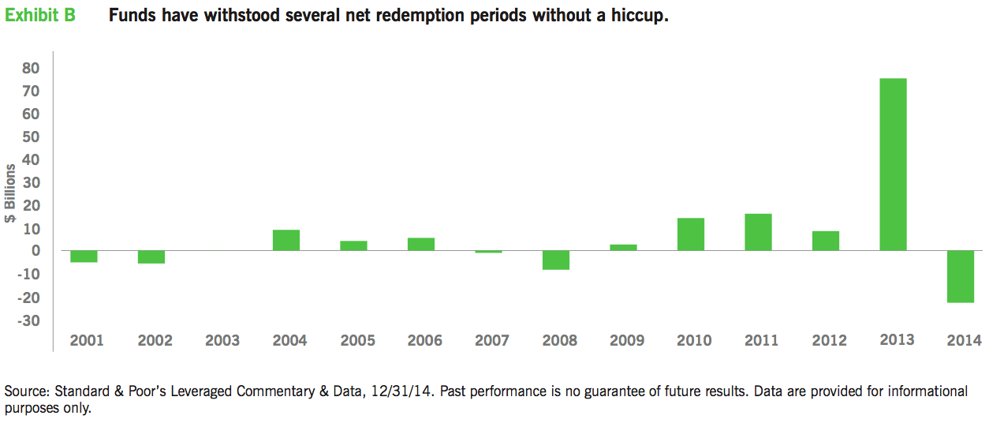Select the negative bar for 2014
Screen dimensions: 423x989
click(x=961, y=276)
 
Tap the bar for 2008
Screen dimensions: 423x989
click(x=556, y=260)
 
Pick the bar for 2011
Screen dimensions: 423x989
click(x=758, y=232)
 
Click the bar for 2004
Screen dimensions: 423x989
click(x=286, y=240)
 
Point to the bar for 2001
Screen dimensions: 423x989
click(x=84, y=256)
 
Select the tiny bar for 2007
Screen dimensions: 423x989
click(x=488, y=252)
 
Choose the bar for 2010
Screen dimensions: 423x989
click(x=691, y=234)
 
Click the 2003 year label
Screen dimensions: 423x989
click(x=222, y=341)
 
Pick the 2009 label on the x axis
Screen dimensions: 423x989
click(x=627, y=341)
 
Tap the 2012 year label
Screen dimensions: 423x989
click(x=829, y=341)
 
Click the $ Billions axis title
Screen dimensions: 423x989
click(x=11, y=194)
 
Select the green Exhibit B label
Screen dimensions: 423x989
click(x=40, y=16)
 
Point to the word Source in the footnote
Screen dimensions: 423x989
click(x=25, y=391)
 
